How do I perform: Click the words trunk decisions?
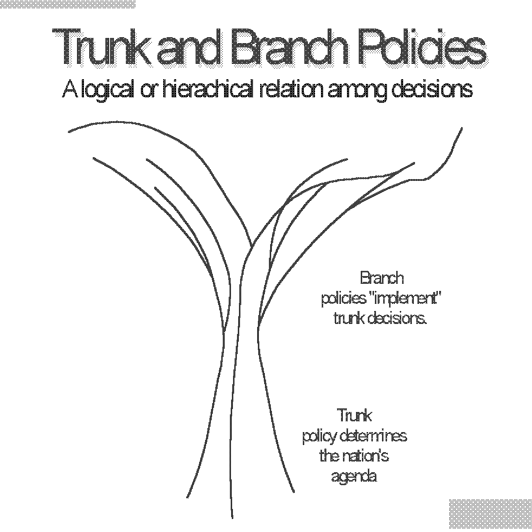(x=380, y=319)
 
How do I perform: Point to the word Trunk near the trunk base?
(x=354, y=416)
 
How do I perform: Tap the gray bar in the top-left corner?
(x=67, y=4)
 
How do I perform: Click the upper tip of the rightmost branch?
(x=461, y=129)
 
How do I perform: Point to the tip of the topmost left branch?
(x=69, y=131)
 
